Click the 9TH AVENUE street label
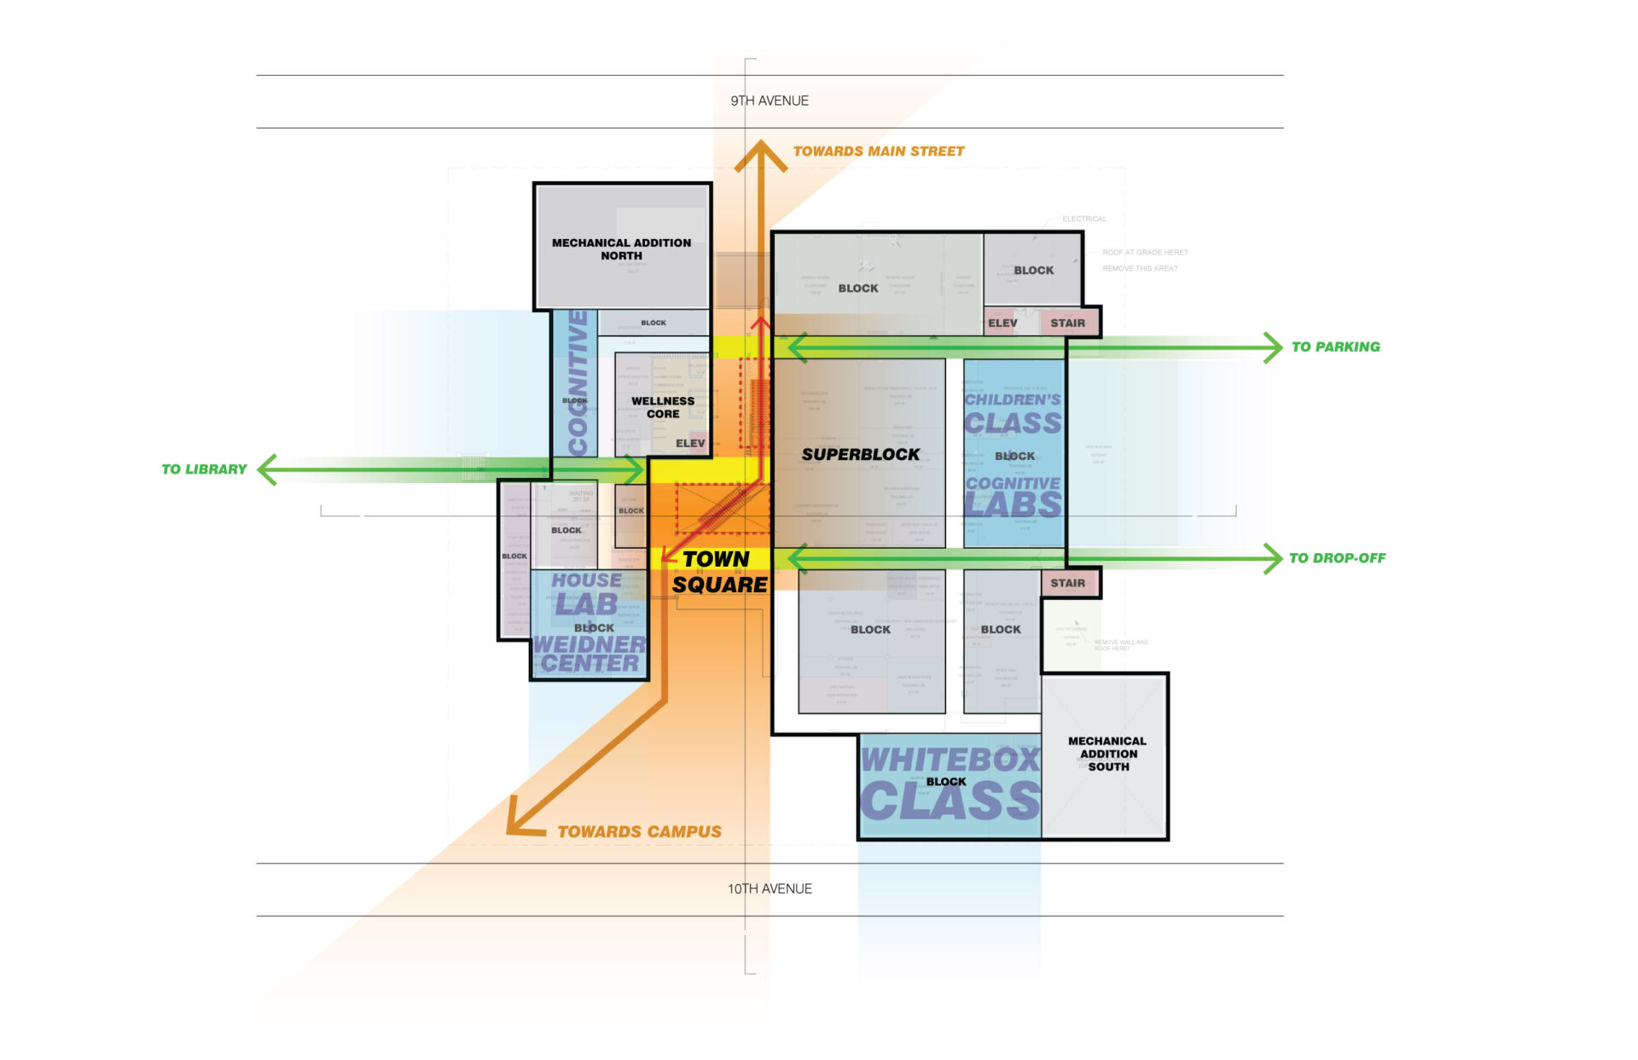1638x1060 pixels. click(x=769, y=101)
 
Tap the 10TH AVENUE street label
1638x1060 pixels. click(x=769, y=888)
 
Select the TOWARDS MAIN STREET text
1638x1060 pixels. click(x=879, y=151)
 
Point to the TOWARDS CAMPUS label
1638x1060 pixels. click(x=639, y=831)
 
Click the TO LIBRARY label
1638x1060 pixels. click(x=204, y=469)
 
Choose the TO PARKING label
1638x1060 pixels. click(x=1335, y=347)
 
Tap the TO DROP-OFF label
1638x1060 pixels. click(x=1337, y=558)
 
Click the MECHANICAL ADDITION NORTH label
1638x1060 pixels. click(x=621, y=249)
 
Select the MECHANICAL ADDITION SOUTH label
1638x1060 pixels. click(x=1107, y=754)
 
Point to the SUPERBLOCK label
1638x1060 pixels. click(x=860, y=455)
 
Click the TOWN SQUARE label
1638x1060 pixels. click(x=718, y=572)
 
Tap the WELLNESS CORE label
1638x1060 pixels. click(x=663, y=407)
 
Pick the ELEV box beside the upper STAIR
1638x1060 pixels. click(x=1002, y=323)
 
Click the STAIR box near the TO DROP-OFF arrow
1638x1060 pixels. click(x=1067, y=583)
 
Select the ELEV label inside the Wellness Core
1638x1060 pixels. click(x=690, y=443)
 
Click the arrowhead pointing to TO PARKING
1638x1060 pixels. click(x=1274, y=347)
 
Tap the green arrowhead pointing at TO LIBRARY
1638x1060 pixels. click(x=267, y=469)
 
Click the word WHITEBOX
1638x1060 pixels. click(x=950, y=759)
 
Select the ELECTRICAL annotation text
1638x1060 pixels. click(x=1083, y=218)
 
